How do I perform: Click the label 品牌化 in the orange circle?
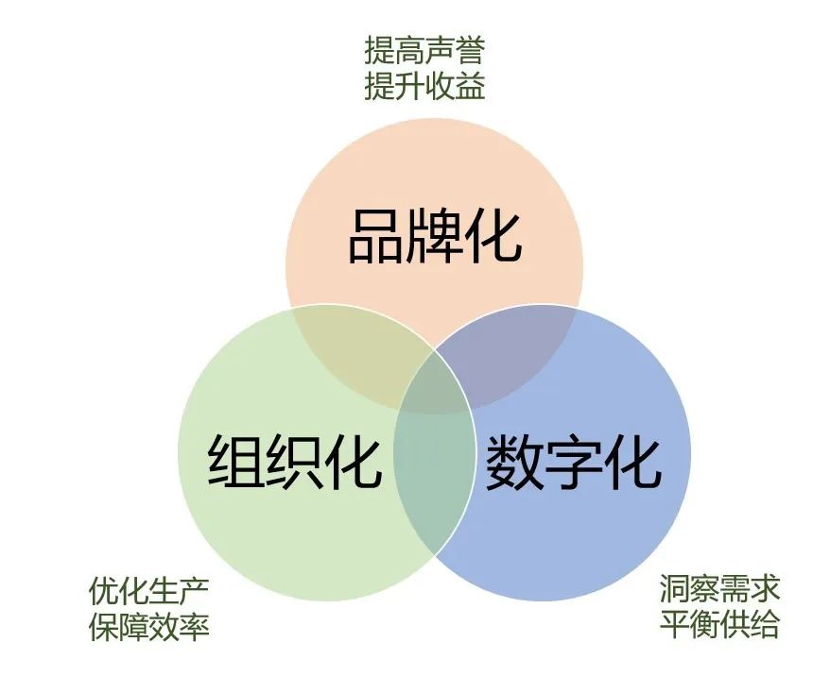pyautogui.click(x=435, y=236)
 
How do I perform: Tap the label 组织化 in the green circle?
pyautogui.click(x=295, y=461)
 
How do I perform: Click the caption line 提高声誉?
pyautogui.click(x=424, y=50)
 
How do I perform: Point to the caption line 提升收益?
pyautogui.click(x=424, y=86)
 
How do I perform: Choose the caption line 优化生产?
pyautogui.click(x=148, y=591)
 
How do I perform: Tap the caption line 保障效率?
pyautogui.click(x=148, y=626)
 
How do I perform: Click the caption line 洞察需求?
pyautogui.click(x=720, y=588)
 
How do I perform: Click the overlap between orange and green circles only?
pyautogui.click(x=357, y=352)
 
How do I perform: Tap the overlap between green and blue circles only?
pyautogui.click(x=435, y=482)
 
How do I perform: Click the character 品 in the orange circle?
pyautogui.click(x=376, y=236)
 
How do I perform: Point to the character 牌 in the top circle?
pyautogui.click(x=435, y=236)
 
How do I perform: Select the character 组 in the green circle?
pyautogui.click(x=236, y=461)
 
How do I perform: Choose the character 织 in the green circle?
pyautogui.click(x=295, y=461)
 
